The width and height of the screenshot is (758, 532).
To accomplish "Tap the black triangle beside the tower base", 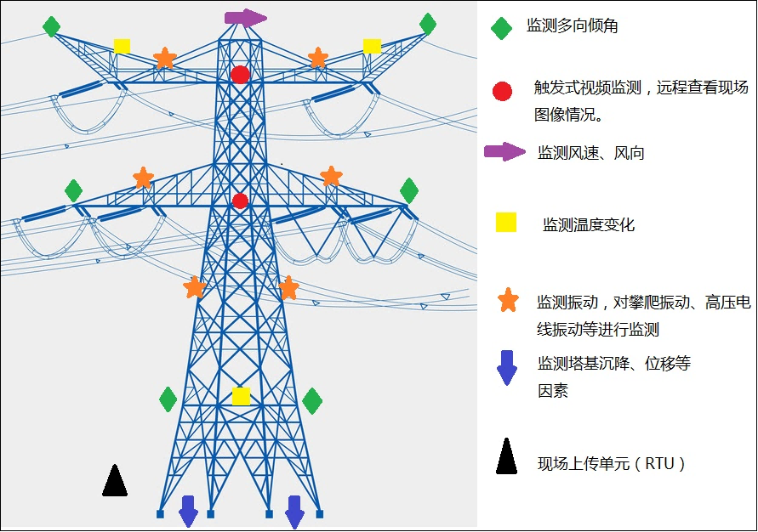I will (115, 481).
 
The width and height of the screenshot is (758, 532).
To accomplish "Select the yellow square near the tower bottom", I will (241, 396).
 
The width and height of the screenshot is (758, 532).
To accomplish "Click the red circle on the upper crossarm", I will (241, 75).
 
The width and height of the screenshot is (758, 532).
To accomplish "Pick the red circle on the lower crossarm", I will (240, 201).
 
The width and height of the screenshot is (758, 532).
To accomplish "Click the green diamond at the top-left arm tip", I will (52, 27).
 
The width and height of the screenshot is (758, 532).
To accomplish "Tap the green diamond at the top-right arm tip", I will (428, 25).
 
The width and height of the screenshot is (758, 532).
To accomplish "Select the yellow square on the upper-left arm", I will (122, 46).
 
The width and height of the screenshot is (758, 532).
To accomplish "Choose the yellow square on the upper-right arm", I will (372, 46).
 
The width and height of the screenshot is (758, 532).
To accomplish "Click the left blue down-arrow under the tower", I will (188, 511).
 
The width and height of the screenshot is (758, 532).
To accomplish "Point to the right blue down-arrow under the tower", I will (294, 511).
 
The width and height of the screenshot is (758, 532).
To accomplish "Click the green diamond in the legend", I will (502, 28).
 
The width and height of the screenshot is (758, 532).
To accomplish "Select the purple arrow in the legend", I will (505, 152).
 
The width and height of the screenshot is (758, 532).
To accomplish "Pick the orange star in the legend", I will (508, 300).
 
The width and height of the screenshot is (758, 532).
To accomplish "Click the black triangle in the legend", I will (507, 456).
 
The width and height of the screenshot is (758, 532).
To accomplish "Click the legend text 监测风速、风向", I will (591, 153).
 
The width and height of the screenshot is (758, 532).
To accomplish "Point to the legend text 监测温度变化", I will (589, 225).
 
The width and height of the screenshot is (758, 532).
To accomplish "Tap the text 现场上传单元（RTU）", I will (612, 464).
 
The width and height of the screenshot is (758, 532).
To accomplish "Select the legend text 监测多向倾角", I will (573, 26).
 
